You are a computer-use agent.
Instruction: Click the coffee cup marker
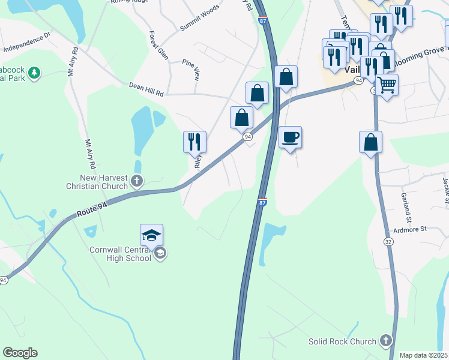click(x=290, y=137)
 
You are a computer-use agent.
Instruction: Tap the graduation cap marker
click(x=152, y=235)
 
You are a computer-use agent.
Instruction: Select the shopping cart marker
click(x=387, y=85)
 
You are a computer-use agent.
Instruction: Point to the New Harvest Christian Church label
click(x=97, y=182)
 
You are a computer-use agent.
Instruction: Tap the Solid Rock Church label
click(x=342, y=341)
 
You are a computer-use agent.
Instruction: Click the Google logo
click(x=20, y=353)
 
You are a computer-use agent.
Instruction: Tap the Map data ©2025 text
click(x=423, y=355)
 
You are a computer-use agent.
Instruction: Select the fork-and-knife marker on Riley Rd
click(x=194, y=142)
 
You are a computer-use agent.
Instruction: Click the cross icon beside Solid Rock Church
click(x=385, y=341)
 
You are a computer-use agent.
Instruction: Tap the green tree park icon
click(x=35, y=73)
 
